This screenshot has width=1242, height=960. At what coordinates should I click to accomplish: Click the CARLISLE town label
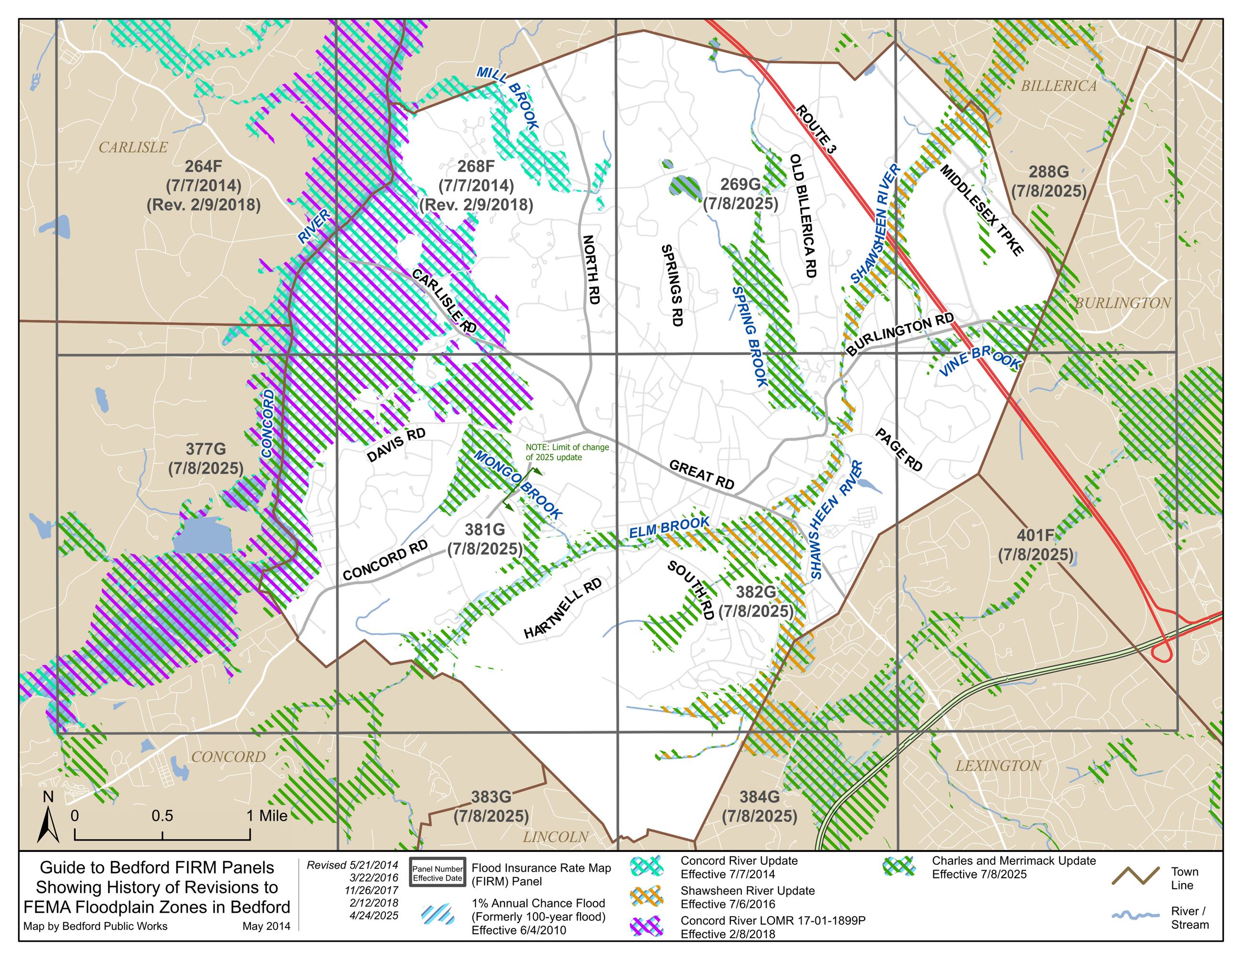[133, 147]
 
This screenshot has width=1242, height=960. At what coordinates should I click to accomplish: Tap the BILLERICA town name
[1058, 86]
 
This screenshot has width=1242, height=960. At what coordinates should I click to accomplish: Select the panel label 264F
[203, 166]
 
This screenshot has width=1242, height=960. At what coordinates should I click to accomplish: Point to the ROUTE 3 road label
[815, 129]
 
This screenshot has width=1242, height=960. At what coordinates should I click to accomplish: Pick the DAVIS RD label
[396, 444]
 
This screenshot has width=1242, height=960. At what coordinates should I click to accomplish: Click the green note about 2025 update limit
[567, 452]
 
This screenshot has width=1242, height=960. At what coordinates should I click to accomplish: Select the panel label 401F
[1035, 535]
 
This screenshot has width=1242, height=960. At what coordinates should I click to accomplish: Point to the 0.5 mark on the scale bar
[162, 816]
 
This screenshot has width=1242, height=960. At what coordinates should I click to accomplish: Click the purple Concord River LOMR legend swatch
[647, 927]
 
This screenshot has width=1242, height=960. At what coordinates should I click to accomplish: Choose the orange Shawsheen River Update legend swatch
[647, 897]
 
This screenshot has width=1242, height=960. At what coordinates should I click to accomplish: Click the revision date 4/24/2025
[374, 916]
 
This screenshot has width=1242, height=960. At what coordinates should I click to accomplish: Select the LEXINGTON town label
[998, 766]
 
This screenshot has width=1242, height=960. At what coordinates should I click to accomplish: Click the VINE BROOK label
[979, 361]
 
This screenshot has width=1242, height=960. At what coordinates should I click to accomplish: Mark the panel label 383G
[490, 797]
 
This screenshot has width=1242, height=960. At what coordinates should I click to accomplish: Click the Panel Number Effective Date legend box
[437, 873]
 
